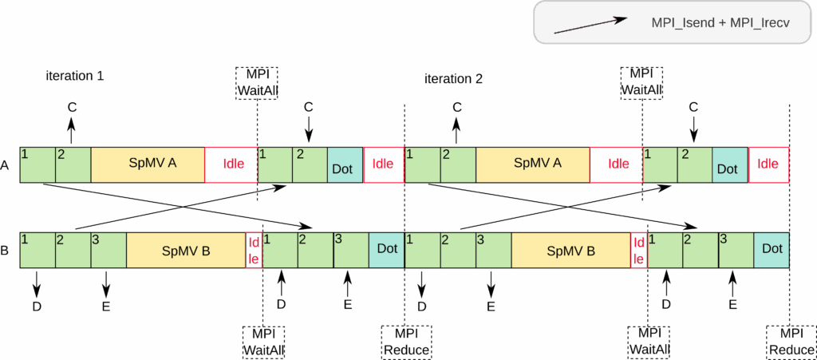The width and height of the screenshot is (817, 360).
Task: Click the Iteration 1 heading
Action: click(74, 77)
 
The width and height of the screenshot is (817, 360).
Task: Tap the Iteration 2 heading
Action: click(453, 79)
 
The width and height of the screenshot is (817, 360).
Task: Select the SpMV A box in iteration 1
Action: click(148, 164)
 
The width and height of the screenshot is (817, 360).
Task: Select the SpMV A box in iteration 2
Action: click(533, 164)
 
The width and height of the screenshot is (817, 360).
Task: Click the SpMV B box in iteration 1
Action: click(185, 251)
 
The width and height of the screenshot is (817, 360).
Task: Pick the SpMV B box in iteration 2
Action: click(570, 251)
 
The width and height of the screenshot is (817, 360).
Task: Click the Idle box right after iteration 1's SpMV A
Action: click(231, 164)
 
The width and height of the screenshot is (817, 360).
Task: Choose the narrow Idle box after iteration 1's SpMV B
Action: click(254, 251)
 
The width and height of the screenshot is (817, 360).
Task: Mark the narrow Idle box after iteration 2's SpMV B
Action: click(639, 251)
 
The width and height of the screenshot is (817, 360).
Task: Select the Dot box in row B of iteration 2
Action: click(772, 250)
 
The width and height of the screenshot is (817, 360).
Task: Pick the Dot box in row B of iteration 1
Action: click(386, 250)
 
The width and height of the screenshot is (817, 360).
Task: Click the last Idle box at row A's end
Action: click(768, 164)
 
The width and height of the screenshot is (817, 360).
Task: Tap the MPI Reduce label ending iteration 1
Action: click(406, 342)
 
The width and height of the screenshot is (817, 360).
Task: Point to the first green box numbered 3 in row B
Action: click(109, 250)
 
